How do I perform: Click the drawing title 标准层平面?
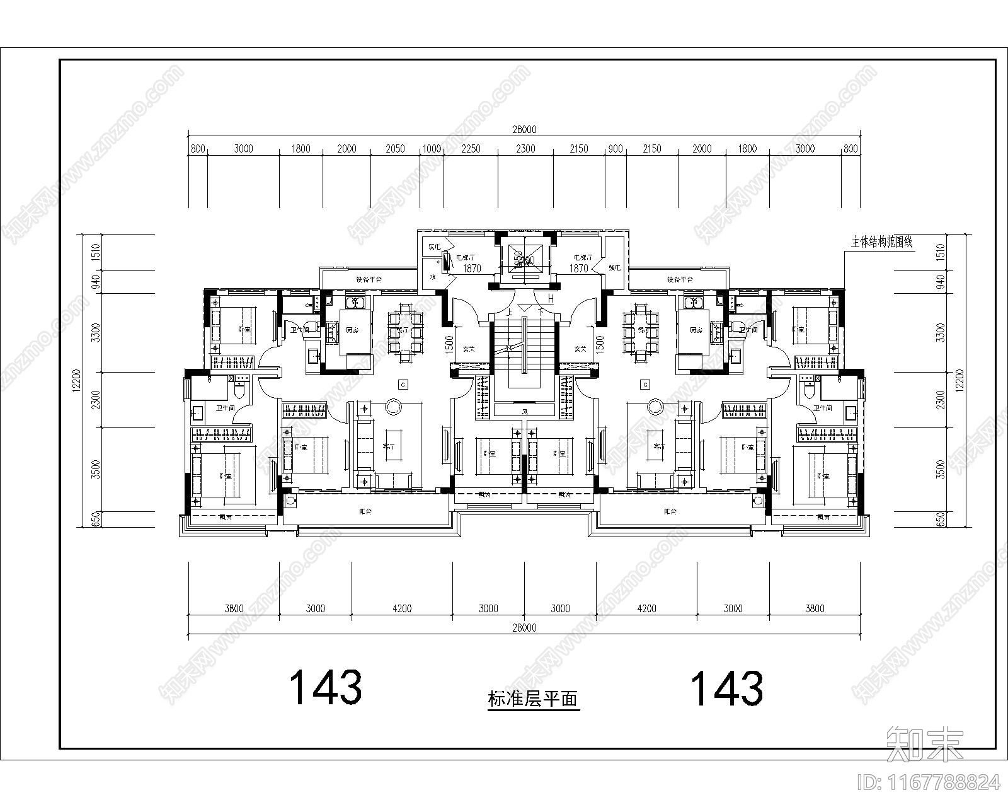tap(533, 699)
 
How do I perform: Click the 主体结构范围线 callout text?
tap(882, 241)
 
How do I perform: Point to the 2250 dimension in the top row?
tap(471, 149)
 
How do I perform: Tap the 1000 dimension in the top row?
tap(432, 149)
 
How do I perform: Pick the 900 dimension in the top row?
tap(615, 149)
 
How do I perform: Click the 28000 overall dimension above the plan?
tap(524, 130)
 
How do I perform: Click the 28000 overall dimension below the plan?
tap(524, 628)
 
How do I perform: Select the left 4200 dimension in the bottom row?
tap(401, 608)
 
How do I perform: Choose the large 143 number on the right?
tap(727, 688)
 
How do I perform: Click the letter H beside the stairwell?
tap(551, 299)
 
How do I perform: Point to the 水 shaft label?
tap(433, 277)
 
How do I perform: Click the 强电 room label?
tap(614, 267)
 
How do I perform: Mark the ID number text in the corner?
tap(929, 782)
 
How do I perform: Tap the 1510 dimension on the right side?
tap(941, 252)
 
